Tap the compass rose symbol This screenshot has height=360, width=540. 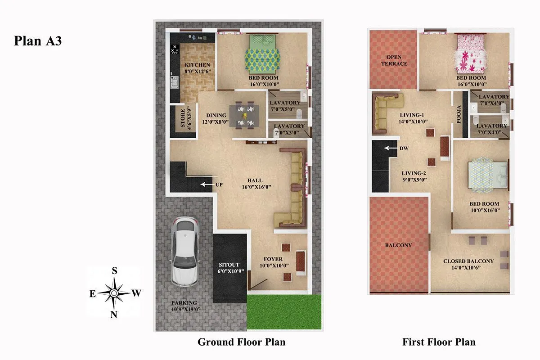point(114,293)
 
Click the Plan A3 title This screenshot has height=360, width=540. point(38,41)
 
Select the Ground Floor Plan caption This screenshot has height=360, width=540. point(241,342)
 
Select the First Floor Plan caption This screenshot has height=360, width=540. point(439,342)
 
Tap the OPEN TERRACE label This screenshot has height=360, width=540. point(394,61)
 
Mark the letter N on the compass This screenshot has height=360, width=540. point(114,315)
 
